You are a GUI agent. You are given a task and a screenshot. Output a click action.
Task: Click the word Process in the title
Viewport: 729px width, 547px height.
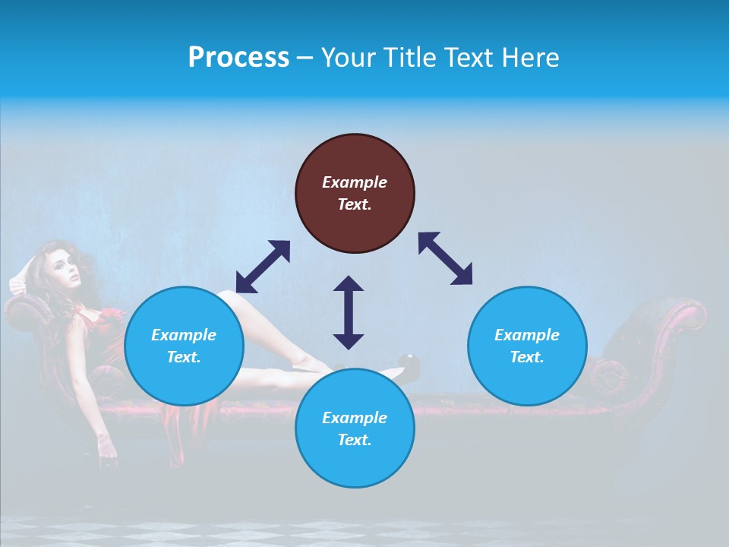coord(238,58)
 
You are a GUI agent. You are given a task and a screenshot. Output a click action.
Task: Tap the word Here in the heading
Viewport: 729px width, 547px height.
coord(532,58)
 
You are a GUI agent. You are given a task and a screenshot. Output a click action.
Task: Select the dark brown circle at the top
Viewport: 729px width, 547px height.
coord(355,193)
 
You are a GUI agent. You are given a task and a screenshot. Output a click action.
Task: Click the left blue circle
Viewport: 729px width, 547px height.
coord(184,346)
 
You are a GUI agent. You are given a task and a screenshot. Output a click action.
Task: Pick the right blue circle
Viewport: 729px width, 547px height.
coord(527,346)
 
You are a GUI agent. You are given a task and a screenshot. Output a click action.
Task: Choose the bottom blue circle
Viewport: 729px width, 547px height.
coord(355,428)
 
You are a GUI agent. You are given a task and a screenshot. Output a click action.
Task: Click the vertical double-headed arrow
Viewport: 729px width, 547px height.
coord(349,312)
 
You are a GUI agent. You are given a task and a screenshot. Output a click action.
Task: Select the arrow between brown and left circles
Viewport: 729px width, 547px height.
coord(263,267)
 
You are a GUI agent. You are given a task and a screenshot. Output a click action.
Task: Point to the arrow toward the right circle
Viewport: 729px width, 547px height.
coord(446,258)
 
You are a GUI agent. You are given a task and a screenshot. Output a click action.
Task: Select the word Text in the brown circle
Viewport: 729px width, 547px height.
coord(354,204)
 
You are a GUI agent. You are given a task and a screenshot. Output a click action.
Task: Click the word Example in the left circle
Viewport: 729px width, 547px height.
coord(184,335)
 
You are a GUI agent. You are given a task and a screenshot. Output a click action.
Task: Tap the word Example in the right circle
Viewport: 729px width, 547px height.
coord(527,335)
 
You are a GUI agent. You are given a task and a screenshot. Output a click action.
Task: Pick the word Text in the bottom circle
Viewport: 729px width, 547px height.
coord(354,440)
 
